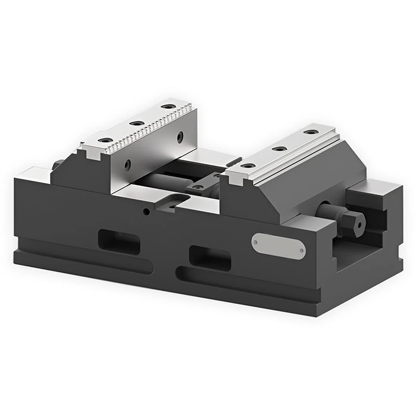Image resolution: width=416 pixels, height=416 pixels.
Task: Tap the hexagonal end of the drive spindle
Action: coord(357,222)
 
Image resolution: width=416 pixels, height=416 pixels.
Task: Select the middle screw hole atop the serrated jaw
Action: coord(137,123)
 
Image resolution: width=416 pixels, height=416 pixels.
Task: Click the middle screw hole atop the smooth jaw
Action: coord(280,149)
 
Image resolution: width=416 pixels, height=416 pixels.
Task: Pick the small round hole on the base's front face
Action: coord(147,212)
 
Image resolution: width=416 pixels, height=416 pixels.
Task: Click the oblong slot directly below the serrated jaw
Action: coord(119,242)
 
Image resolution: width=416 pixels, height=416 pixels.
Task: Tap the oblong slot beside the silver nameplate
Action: coord(210,257)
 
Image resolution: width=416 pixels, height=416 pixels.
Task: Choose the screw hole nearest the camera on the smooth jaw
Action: coord(249,165)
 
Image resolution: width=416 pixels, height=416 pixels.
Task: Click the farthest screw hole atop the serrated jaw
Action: coord(167,107)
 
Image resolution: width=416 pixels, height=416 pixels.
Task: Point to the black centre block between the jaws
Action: coord(208,182)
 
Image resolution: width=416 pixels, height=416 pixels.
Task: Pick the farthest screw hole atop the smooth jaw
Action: coord(311,132)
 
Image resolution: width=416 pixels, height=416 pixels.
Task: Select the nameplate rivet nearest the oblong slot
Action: coord(256,241)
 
